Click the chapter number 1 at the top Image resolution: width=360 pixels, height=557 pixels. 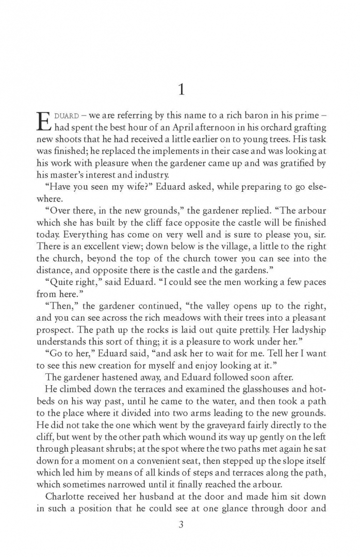180,90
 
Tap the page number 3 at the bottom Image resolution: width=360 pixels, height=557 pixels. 180,525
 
